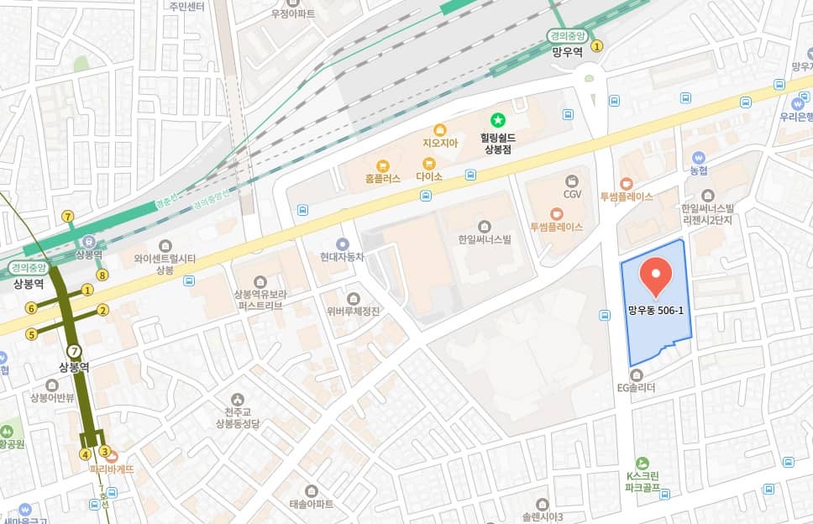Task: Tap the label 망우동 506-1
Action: pyautogui.click(x=656, y=310)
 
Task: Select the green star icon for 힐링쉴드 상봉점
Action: pyautogui.click(x=497, y=122)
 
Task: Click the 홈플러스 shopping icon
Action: pyautogui.click(x=383, y=165)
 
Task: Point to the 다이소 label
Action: pyautogui.click(x=429, y=177)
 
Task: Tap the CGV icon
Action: pyautogui.click(x=572, y=181)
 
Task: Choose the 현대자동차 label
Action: pyautogui.click(x=342, y=257)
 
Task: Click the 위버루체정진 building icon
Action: pyautogui.click(x=353, y=298)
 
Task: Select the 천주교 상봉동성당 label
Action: pyautogui.click(x=239, y=417)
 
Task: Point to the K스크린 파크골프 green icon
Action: pyautogui.click(x=643, y=463)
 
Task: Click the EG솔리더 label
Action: pyautogui.click(x=636, y=388)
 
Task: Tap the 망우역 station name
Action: pyautogui.click(x=568, y=51)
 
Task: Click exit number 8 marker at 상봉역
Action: pyautogui.click(x=102, y=275)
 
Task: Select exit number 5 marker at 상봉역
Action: pyautogui.click(x=31, y=334)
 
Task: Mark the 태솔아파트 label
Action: pyautogui.click(x=311, y=504)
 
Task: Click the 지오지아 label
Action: pyautogui.click(x=440, y=143)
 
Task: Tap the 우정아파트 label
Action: pyautogui.click(x=291, y=14)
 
